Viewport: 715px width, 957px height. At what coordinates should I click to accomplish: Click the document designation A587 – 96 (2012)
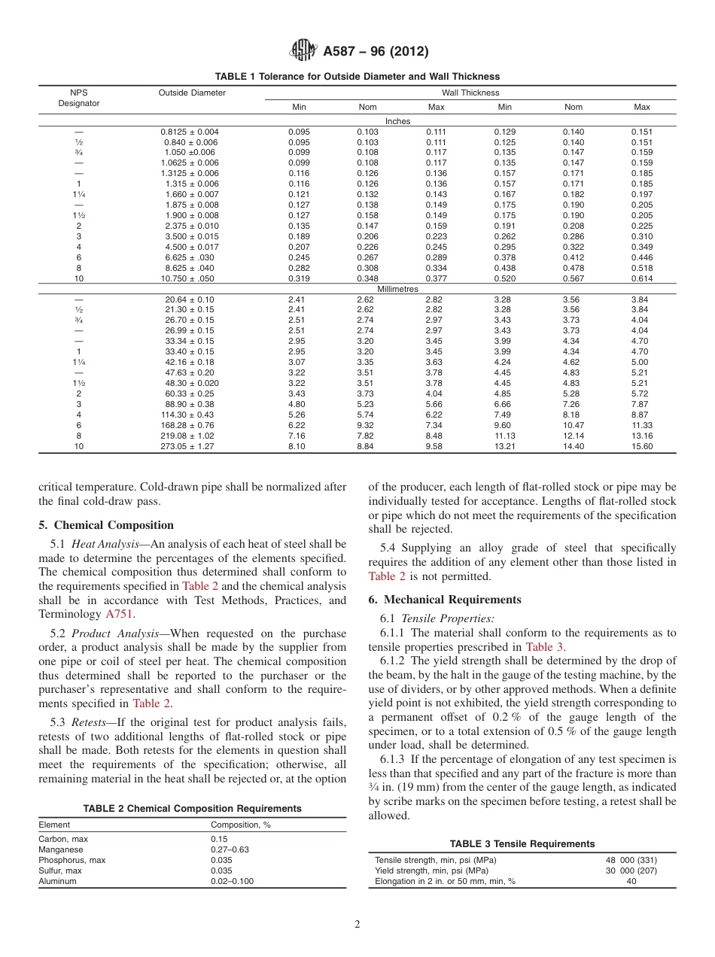(x=376, y=52)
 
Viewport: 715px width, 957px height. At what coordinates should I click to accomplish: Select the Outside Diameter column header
(x=192, y=93)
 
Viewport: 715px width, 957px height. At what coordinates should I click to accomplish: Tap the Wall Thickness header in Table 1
(x=470, y=93)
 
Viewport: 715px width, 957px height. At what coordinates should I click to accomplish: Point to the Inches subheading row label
(x=397, y=120)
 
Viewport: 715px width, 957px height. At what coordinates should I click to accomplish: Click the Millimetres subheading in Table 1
(x=397, y=289)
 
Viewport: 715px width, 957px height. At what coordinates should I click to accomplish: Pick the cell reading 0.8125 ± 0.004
(x=191, y=132)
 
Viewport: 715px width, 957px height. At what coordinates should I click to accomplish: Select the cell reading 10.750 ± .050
(x=191, y=278)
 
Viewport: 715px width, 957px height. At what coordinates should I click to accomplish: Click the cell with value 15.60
(x=641, y=446)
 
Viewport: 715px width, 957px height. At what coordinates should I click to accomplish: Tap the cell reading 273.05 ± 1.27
(x=190, y=446)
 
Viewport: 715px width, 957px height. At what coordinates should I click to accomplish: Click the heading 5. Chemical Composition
(x=106, y=525)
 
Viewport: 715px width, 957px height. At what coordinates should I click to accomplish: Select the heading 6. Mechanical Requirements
(x=444, y=600)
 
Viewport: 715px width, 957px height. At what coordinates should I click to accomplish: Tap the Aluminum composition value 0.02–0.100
(x=232, y=881)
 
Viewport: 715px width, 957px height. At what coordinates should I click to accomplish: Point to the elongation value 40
(x=631, y=881)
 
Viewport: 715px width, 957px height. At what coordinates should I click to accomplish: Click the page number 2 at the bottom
(x=357, y=925)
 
